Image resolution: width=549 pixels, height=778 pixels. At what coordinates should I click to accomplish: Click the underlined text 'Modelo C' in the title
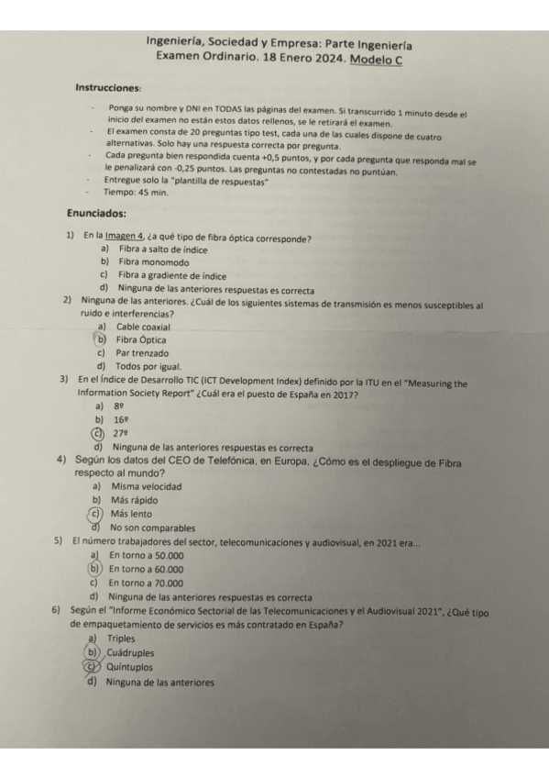[377, 59]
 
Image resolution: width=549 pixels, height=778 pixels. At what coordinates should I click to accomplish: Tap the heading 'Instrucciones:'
[108, 88]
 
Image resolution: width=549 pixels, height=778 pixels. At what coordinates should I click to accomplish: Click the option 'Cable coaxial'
[143, 327]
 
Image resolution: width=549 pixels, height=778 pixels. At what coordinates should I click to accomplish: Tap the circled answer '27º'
[119, 433]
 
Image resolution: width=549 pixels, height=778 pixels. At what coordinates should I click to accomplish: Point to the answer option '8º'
[118, 406]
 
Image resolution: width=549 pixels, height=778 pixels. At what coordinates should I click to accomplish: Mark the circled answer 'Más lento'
[131, 514]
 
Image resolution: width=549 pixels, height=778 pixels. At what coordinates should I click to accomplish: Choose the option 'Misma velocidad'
[146, 486]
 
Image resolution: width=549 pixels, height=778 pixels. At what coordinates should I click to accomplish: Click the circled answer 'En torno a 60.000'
[146, 569]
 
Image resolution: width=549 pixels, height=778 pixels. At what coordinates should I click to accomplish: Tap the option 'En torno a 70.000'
[146, 583]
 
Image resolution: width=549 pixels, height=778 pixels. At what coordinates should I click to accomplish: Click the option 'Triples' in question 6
[121, 639]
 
